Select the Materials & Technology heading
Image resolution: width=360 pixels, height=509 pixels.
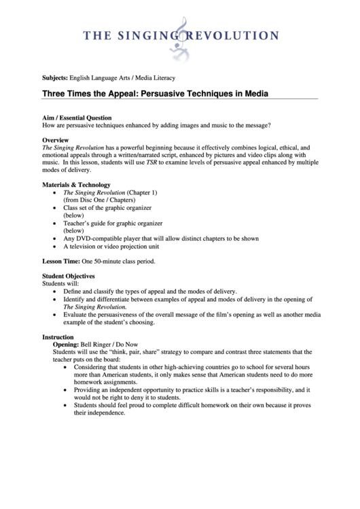point(76,185)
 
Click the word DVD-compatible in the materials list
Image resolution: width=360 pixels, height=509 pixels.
point(102,239)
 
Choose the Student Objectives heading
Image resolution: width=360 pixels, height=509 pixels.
point(69,276)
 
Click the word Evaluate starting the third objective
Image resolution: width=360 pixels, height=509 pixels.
point(76,315)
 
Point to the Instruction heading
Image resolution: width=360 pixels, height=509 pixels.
point(58,337)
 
